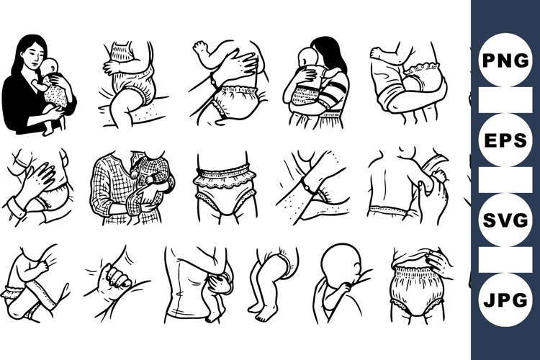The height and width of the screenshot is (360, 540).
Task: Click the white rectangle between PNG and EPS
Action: (x=505, y=101)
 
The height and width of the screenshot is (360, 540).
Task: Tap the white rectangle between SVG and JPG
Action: (x=505, y=260)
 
